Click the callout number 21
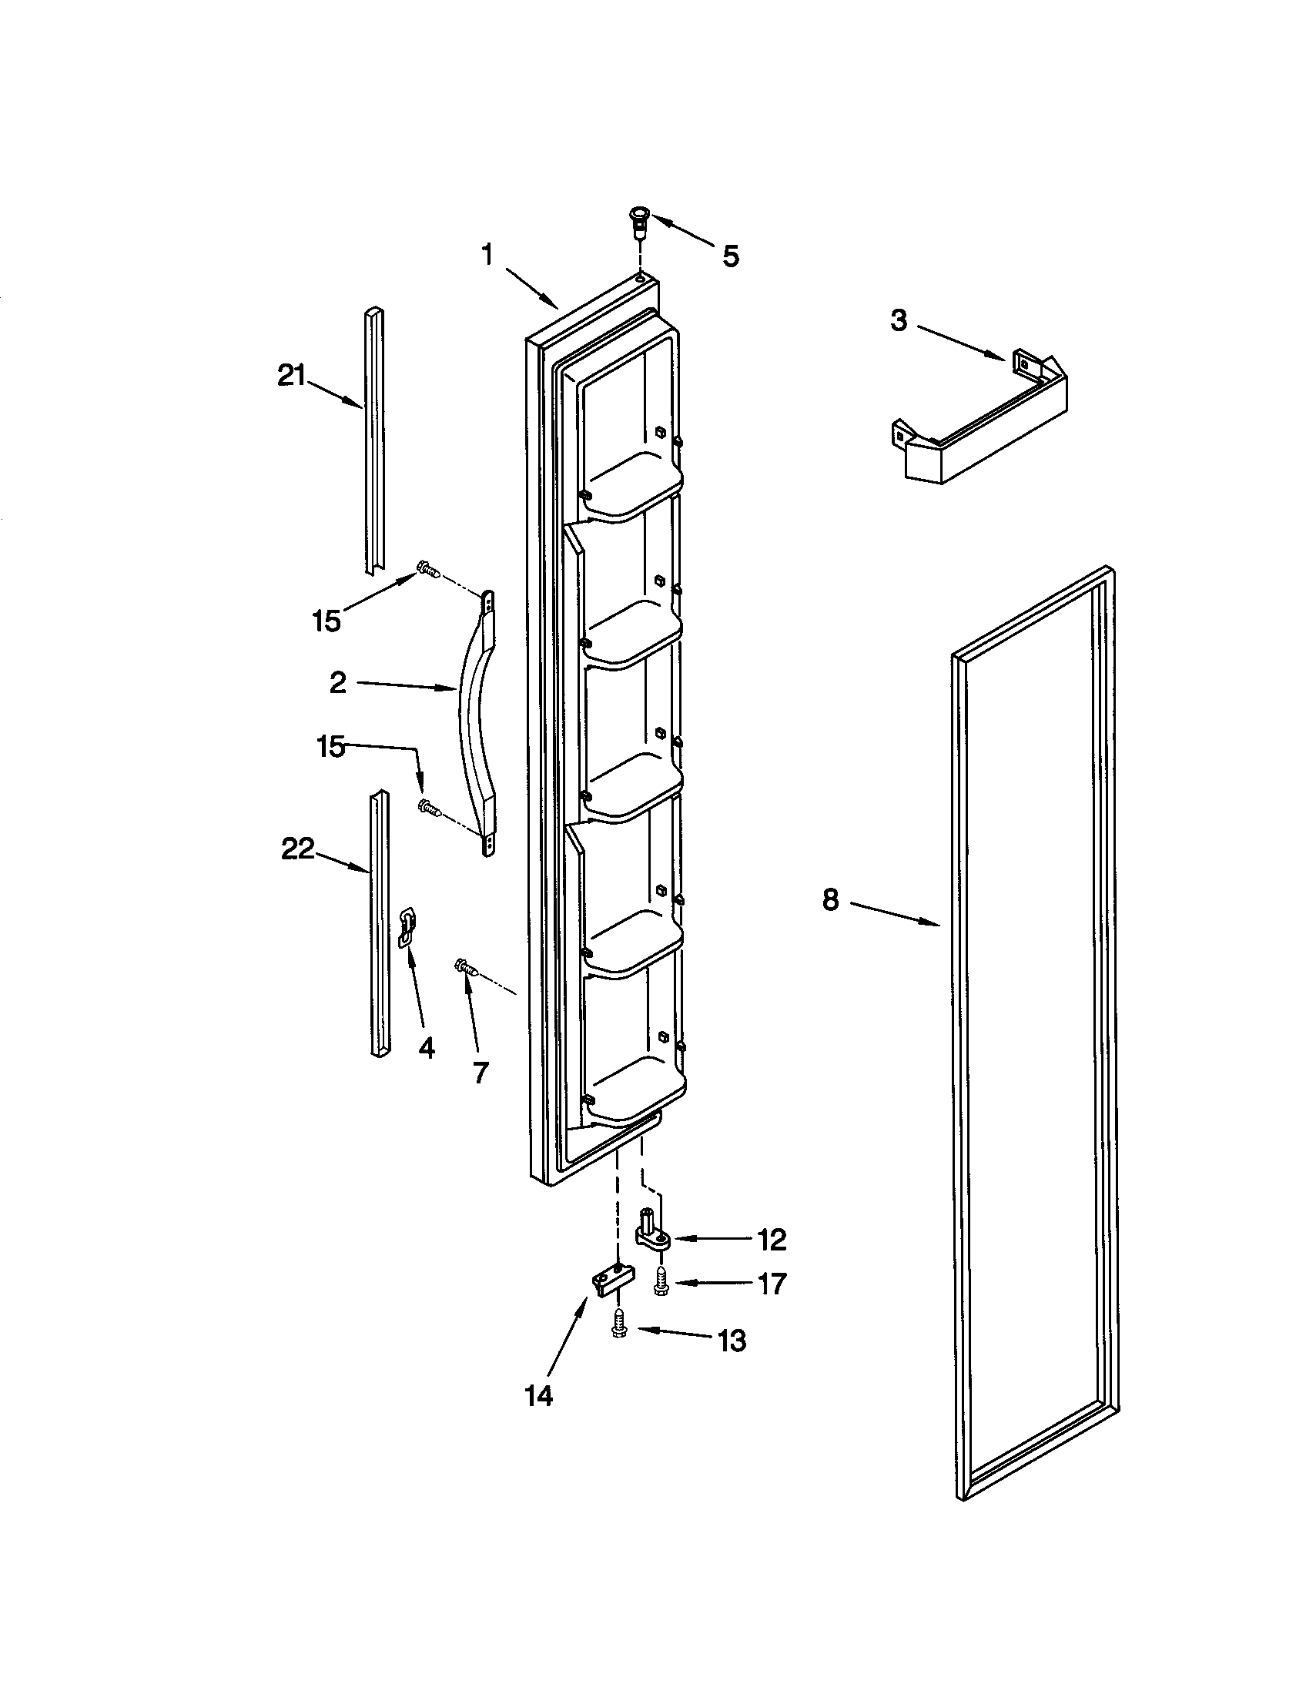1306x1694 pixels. [x=293, y=378]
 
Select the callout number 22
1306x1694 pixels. [x=298, y=849]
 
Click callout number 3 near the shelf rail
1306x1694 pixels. [x=899, y=320]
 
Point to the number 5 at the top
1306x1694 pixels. [x=731, y=256]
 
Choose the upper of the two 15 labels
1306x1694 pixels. [x=326, y=621]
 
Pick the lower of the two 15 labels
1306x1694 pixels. [x=331, y=748]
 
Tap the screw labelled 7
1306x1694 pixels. [x=465, y=966]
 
